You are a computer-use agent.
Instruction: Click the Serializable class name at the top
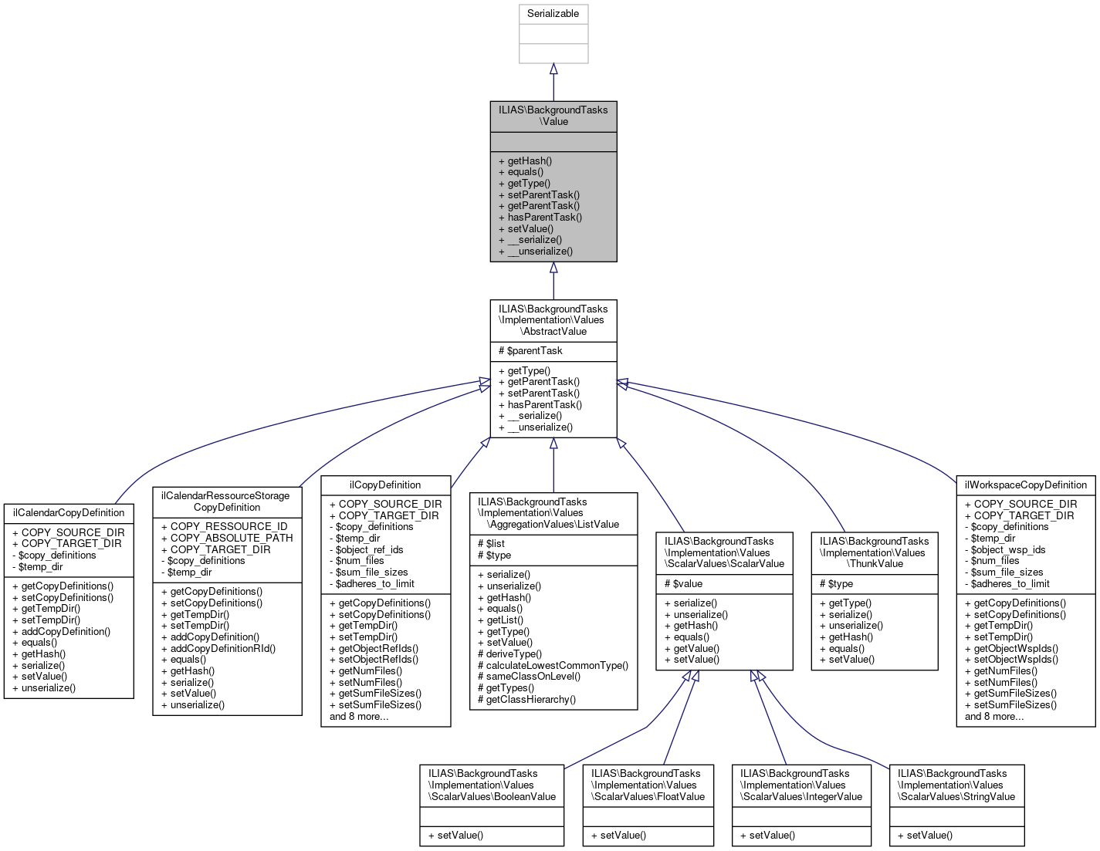(x=553, y=14)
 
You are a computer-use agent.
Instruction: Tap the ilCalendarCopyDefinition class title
(x=69, y=513)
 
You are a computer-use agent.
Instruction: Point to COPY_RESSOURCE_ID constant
(x=228, y=527)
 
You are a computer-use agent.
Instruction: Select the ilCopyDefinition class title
(x=385, y=485)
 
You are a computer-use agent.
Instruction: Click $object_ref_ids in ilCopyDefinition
(x=369, y=550)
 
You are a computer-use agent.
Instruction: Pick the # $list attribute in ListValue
(x=491, y=544)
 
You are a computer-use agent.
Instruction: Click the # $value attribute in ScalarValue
(x=683, y=584)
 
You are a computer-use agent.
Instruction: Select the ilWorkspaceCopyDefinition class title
(x=1025, y=485)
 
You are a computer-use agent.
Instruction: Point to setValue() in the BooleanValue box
(x=460, y=836)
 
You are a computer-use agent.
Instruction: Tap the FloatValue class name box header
(x=648, y=785)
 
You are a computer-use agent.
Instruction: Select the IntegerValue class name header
(x=800, y=785)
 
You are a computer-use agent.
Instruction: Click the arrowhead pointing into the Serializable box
(x=553, y=69)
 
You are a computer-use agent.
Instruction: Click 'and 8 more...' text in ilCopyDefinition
(x=359, y=717)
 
